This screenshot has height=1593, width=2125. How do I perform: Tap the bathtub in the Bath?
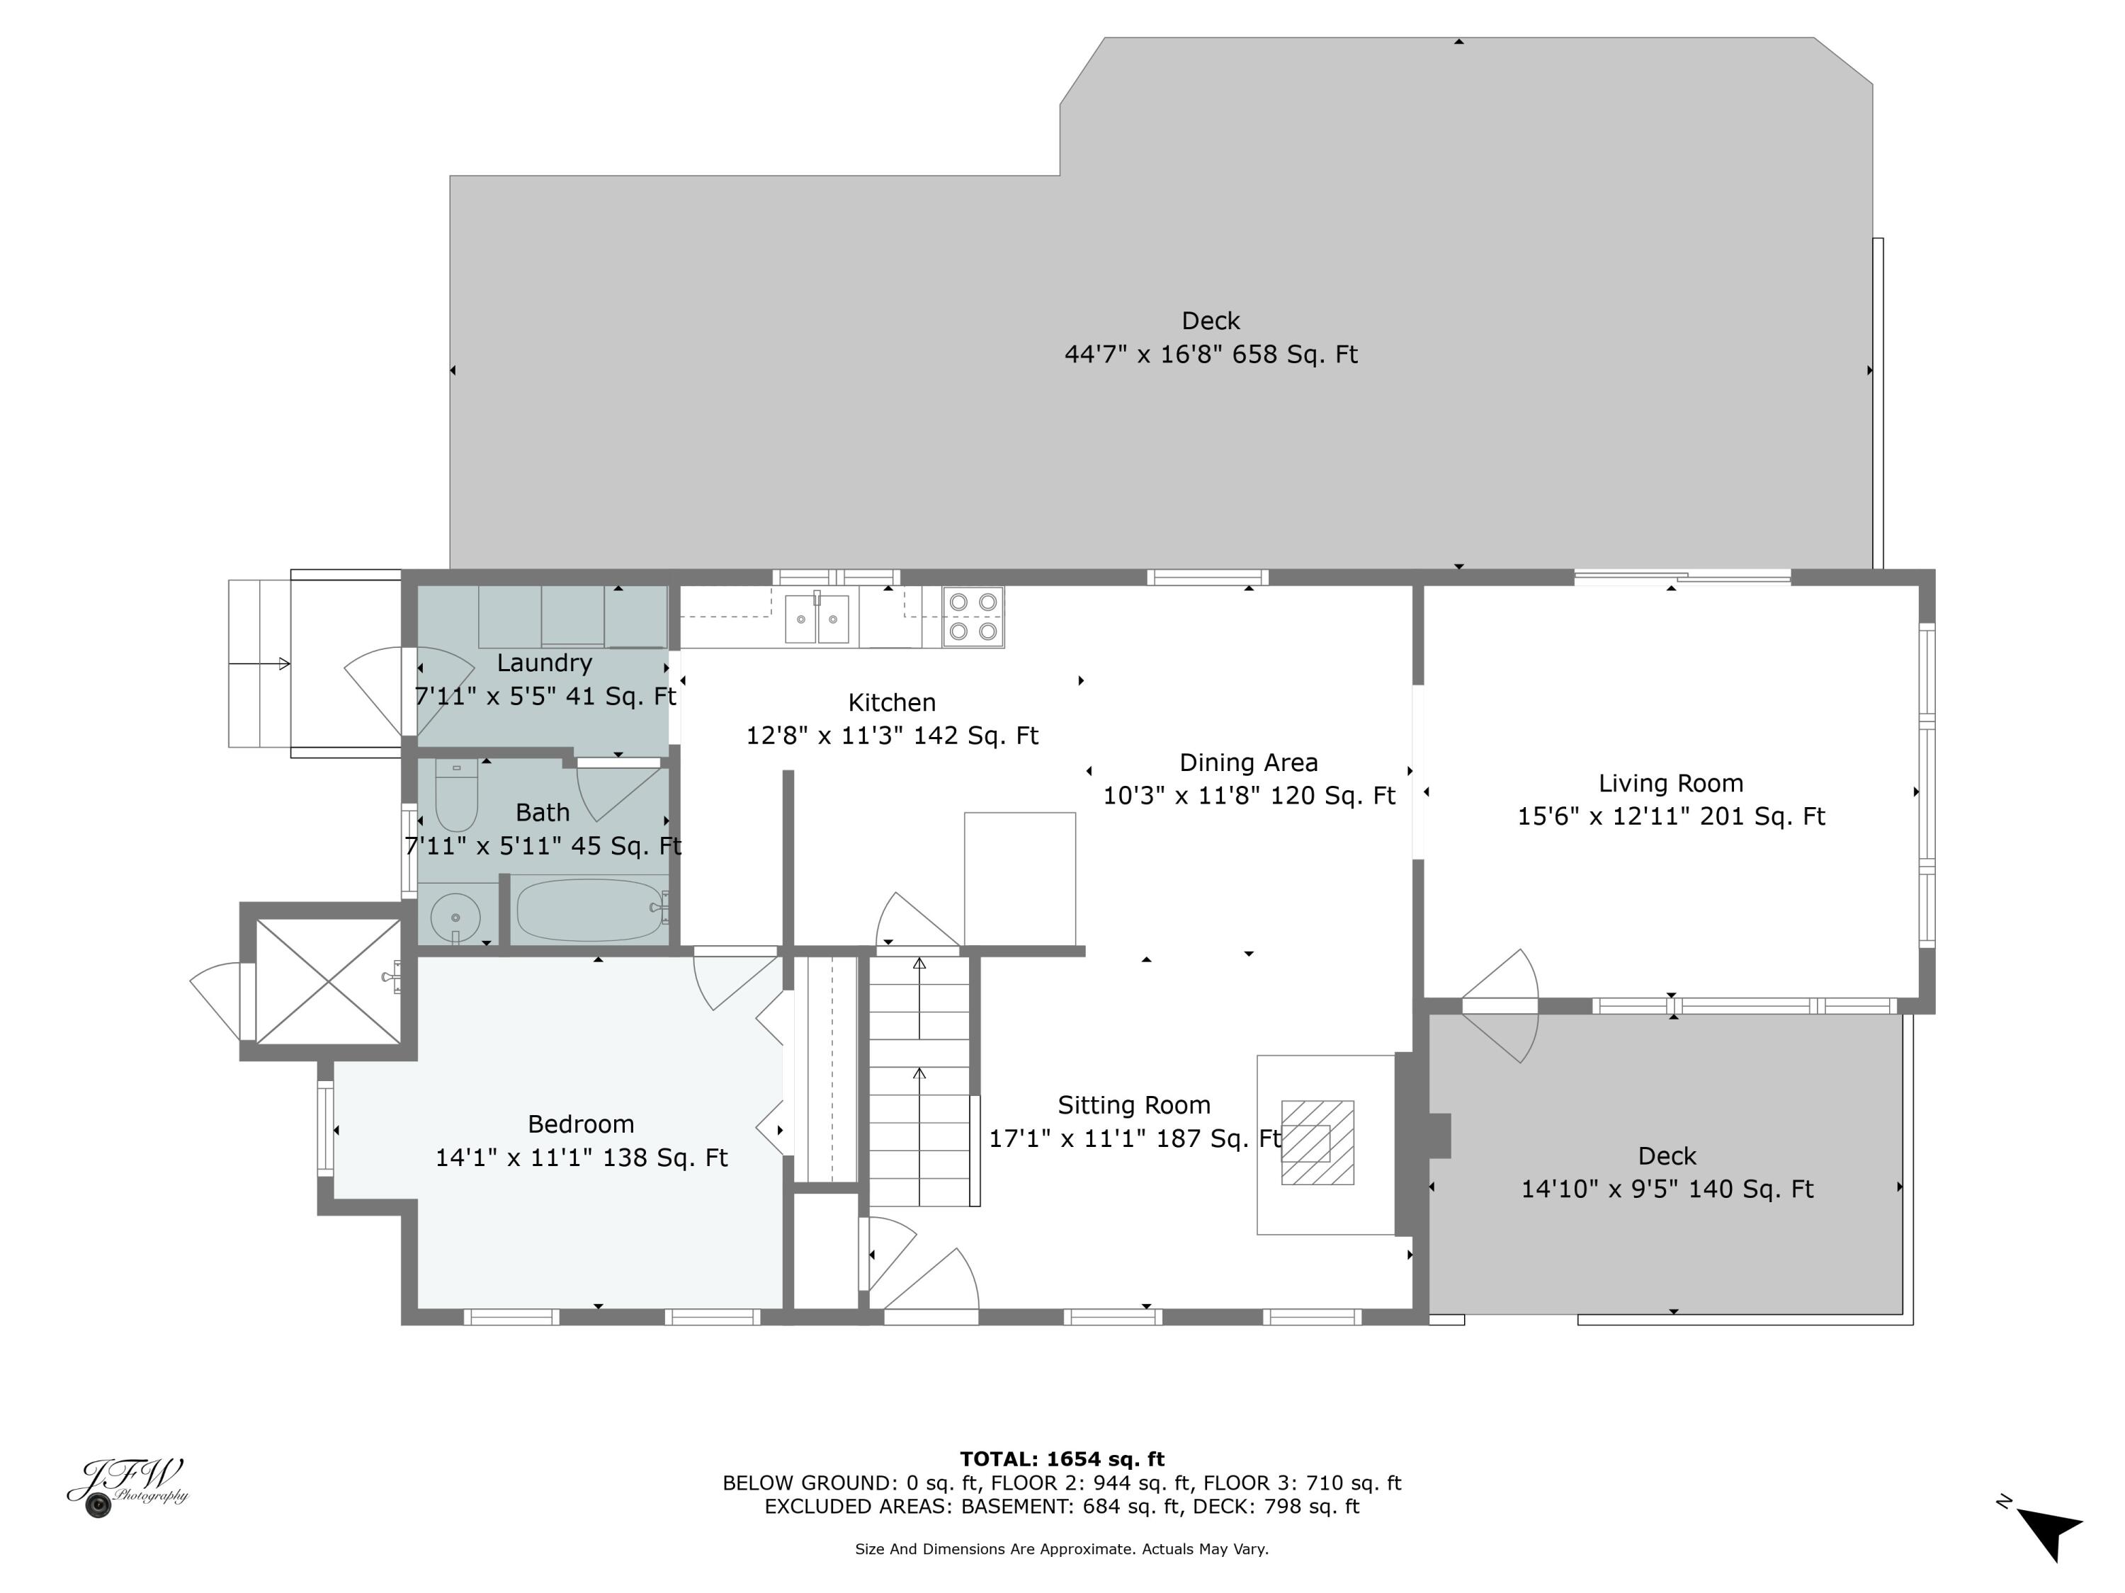(x=589, y=908)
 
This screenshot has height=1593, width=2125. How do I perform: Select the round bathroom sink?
(x=455, y=917)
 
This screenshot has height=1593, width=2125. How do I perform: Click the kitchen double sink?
(x=817, y=618)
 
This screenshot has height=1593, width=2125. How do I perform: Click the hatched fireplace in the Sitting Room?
(x=1317, y=1143)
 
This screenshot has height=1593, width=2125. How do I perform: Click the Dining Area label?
(x=1248, y=763)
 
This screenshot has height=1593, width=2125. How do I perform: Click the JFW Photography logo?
(x=127, y=1485)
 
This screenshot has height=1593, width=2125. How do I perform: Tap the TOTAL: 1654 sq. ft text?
(x=1062, y=1458)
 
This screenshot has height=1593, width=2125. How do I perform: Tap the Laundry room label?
(x=544, y=663)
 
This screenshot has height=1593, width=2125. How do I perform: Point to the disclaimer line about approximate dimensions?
(x=1062, y=1549)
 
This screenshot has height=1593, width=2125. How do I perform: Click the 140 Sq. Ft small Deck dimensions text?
(x=1666, y=1189)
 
